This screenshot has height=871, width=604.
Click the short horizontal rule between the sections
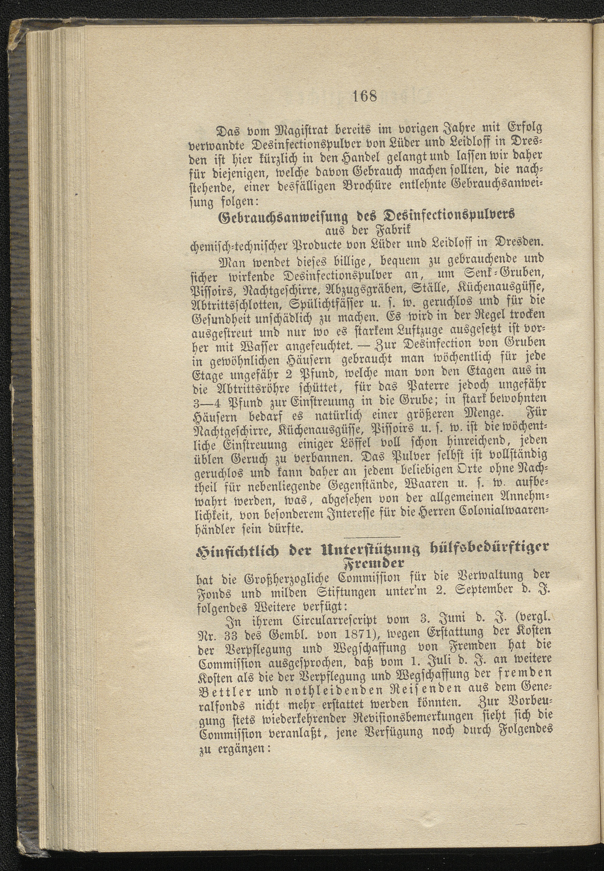pos(372,537)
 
